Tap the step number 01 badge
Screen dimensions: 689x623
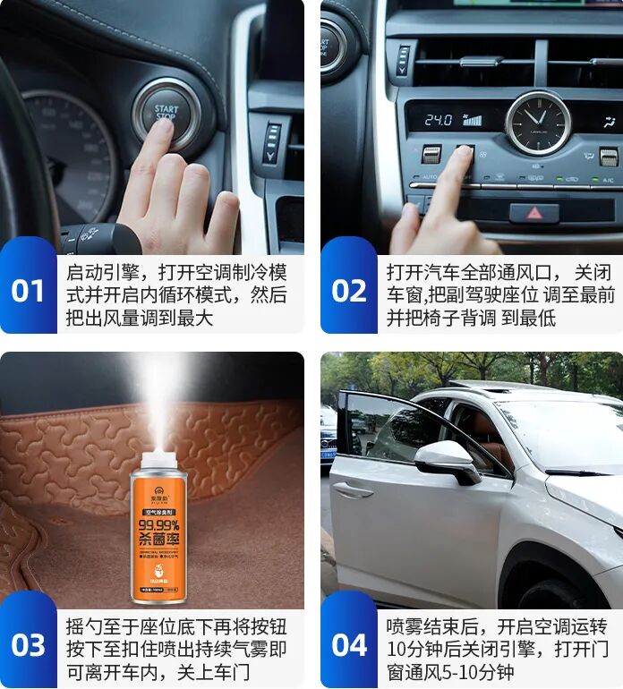[x=28, y=292]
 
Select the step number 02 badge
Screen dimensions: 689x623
[x=348, y=292]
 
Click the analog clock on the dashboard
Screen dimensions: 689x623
[x=537, y=122]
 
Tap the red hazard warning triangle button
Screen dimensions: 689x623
[x=533, y=213]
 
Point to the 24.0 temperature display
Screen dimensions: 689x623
[x=438, y=119]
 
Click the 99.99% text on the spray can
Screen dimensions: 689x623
[x=158, y=524]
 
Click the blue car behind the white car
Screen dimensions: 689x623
[x=329, y=438]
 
